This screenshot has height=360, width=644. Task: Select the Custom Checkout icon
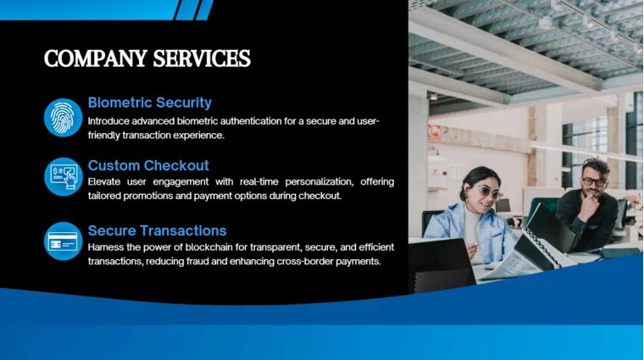[63, 177]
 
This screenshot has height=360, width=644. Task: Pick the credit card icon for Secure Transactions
[63, 241]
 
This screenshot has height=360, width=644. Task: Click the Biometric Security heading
[149, 102]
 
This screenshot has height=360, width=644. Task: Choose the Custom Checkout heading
[148, 165]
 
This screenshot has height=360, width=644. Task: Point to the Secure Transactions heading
[157, 230]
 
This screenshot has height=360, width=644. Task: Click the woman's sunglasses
[486, 191]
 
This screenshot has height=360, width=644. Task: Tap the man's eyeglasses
[594, 180]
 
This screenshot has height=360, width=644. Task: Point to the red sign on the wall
[434, 133]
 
